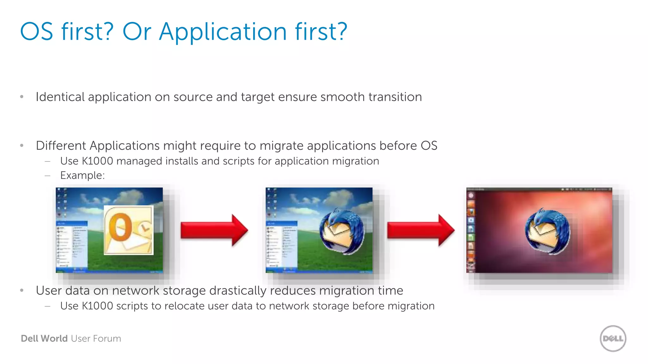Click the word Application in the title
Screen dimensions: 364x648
pyautogui.click(x=223, y=32)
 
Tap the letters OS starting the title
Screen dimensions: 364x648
pyautogui.click(x=36, y=32)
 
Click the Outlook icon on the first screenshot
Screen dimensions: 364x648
pyautogui.click(x=128, y=230)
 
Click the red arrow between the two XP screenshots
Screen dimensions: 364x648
pyautogui.click(x=214, y=230)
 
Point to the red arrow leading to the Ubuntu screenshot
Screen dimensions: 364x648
pyautogui.click(x=421, y=230)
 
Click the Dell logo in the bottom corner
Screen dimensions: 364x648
pyautogui.click(x=613, y=338)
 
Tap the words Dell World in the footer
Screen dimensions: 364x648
pyautogui.click(x=44, y=338)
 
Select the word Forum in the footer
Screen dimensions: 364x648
pyautogui.click(x=107, y=338)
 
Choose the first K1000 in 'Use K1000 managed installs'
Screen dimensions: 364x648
pyautogui.click(x=97, y=161)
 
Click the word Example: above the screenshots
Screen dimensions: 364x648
pyautogui.click(x=82, y=175)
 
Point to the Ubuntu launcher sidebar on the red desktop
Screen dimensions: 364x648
pyautogui.click(x=471, y=231)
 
